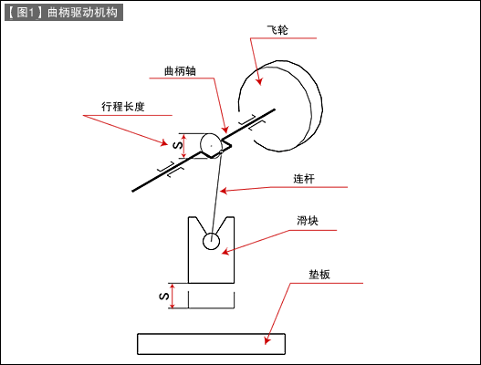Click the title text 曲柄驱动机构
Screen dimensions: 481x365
point(82,13)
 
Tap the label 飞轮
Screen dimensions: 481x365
point(277,30)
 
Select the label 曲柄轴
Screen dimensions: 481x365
point(180,71)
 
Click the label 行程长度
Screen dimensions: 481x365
point(122,107)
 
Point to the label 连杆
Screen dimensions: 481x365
point(304,179)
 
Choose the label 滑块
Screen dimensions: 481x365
point(308,221)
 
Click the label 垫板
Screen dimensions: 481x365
point(319,275)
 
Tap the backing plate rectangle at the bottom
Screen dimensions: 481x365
point(211,344)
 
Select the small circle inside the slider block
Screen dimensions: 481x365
point(211,241)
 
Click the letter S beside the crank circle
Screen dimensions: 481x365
point(178,145)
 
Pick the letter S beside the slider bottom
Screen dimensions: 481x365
point(164,296)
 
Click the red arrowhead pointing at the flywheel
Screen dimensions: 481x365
point(259,81)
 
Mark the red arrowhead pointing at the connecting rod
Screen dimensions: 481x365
point(224,191)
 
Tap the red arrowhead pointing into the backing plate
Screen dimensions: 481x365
point(267,340)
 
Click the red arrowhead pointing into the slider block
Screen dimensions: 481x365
point(225,252)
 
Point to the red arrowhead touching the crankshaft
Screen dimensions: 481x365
point(225,130)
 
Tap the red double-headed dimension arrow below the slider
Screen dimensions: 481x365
point(173,296)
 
